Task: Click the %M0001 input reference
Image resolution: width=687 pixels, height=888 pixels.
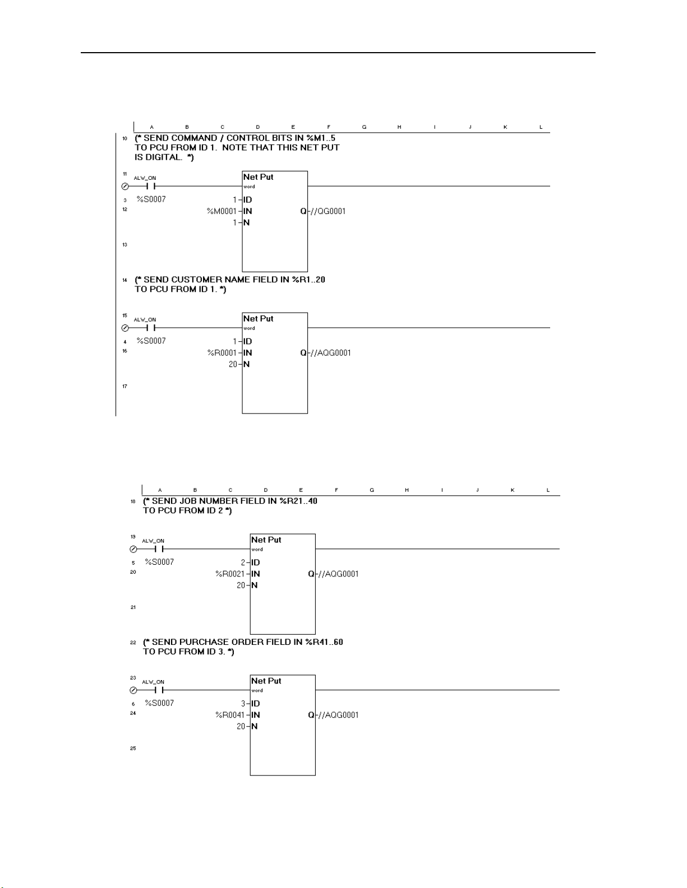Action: tap(222, 211)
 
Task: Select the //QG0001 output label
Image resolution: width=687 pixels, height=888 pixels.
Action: tap(329, 211)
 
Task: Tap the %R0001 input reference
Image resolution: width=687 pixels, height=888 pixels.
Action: tap(222, 353)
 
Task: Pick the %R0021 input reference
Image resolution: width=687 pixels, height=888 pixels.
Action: tap(230, 574)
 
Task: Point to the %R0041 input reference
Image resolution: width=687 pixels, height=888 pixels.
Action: tap(230, 715)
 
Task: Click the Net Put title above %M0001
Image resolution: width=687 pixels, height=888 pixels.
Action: tap(259, 177)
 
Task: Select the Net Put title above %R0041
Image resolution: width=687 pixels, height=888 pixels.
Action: tap(266, 681)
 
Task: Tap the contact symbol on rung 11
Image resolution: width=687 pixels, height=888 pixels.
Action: tap(150, 187)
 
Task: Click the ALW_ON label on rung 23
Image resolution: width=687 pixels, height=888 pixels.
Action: tap(153, 682)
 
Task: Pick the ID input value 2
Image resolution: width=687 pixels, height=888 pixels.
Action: tap(243, 562)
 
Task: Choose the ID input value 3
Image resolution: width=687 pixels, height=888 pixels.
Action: tap(243, 704)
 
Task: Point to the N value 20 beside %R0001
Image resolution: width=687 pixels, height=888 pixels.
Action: tap(232, 364)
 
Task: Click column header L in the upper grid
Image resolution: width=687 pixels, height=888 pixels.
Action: tap(541, 127)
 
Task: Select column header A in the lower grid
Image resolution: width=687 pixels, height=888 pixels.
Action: tap(160, 490)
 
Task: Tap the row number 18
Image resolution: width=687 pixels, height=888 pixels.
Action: tap(133, 501)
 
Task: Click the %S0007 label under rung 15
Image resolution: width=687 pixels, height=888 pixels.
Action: tap(151, 341)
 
